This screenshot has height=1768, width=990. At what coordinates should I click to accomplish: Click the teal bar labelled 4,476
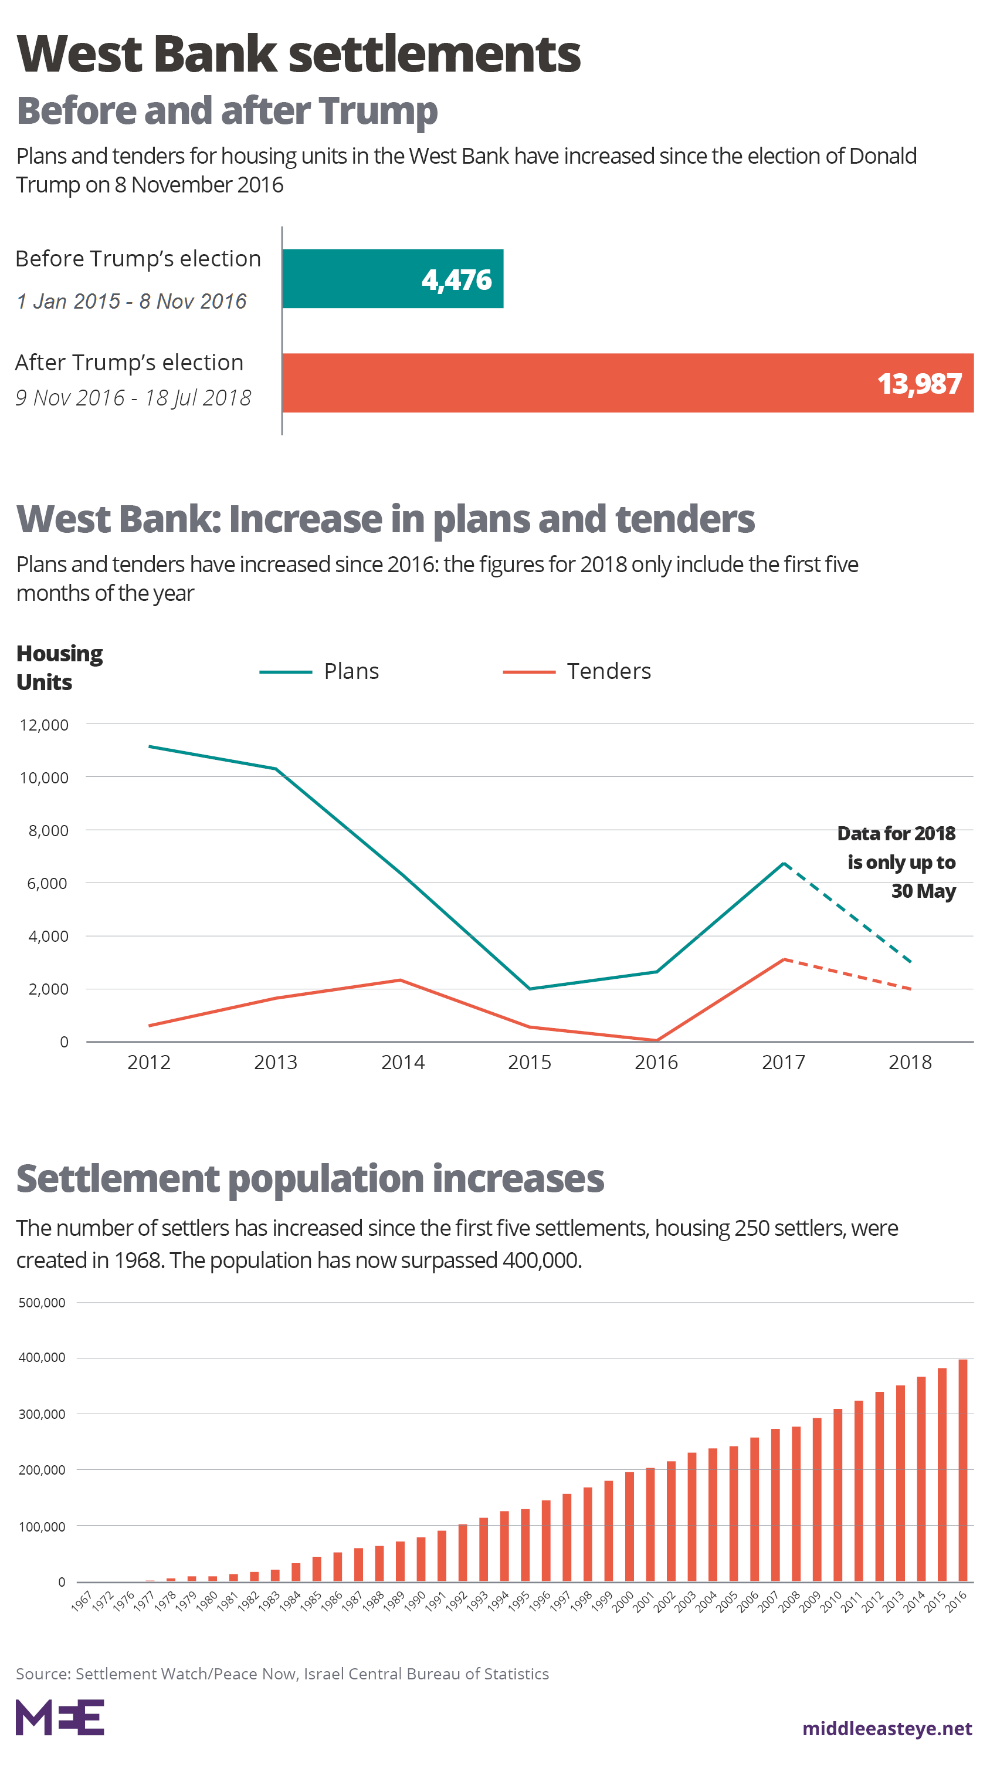pyautogui.click(x=392, y=279)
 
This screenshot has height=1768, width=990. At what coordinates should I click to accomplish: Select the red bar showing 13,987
pyautogui.click(x=627, y=383)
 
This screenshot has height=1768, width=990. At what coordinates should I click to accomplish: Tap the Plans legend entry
pyautogui.click(x=320, y=671)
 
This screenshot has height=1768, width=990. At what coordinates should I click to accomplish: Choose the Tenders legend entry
pyautogui.click(x=577, y=671)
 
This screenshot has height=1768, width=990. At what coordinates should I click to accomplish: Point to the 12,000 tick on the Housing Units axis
pyautogui.click(x=45, y=725)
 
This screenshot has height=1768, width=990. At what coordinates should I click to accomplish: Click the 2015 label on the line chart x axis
pyautogui.click(x=529, y=1063)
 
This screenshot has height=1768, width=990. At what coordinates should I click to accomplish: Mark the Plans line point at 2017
pyautogui.click(x=784, y=863)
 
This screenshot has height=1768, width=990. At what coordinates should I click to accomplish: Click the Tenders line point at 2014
pyautogui.click(x=401, y=980)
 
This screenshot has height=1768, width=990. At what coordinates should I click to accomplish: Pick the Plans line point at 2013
pyautogui.click(x=276, y=769)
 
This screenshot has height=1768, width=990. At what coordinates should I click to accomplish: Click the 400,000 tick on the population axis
pyautogui.click(x=42, y=1358)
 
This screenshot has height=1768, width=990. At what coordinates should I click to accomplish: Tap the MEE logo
pyautogui.click(x=60, y=1718)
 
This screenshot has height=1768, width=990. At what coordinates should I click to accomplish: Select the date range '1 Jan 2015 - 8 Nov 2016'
pyautogui.click(x=131, y=300)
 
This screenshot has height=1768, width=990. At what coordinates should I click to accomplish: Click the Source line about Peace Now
pyautogui.click(x=282, y=1674)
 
